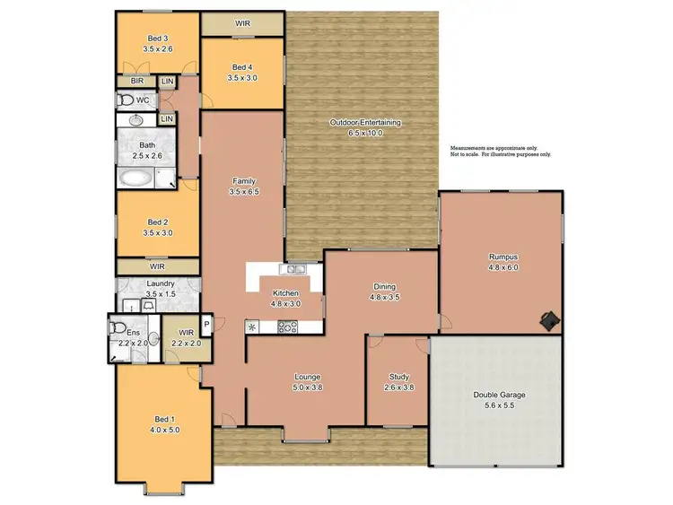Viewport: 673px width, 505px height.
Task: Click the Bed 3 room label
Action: coord(158,39)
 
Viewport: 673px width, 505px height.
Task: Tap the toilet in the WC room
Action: coord(125,100)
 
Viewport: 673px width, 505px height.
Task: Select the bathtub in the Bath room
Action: coord(137,178)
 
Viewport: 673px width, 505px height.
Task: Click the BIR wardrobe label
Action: coord(136,81)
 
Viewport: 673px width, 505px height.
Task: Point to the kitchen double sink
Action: coord(295,268)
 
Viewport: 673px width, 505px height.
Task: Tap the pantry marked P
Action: coord(205,324)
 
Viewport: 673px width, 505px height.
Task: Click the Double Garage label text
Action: coord(501,394)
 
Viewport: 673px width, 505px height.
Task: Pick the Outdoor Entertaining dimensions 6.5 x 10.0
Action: coord(365,133)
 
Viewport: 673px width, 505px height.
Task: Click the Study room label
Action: coord(399,377)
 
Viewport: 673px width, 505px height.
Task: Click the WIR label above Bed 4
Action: coord(242,22)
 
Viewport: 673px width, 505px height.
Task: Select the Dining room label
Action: coord(384,287)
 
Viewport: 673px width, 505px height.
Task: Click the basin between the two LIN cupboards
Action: coord(138,118)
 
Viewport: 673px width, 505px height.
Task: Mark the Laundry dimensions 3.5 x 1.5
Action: coord(161,293)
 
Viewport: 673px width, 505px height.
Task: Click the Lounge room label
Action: coord(307,377)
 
